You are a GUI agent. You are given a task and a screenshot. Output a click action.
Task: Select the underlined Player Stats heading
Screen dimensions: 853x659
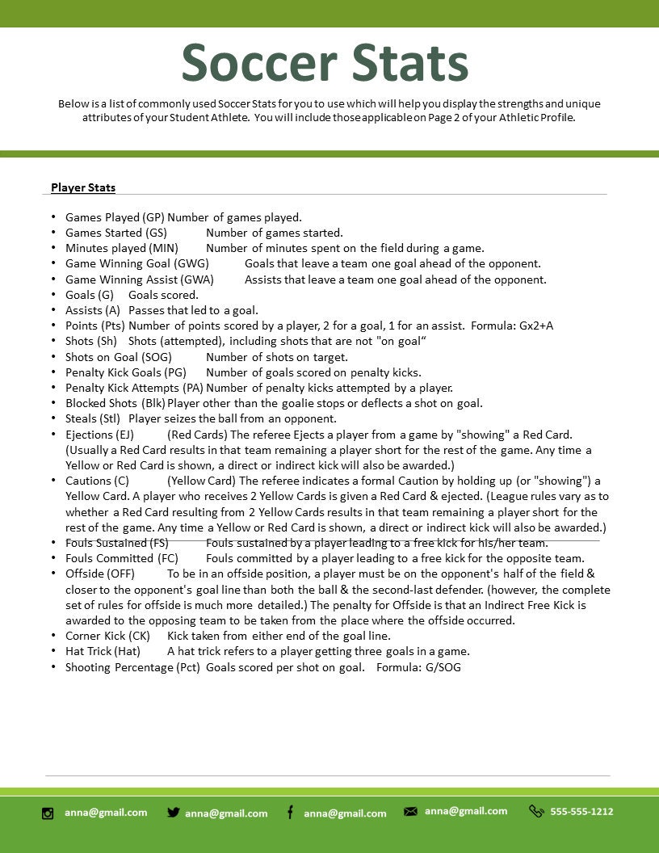click(83, 187)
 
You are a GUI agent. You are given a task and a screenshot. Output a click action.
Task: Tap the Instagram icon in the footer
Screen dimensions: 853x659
click(48, 813)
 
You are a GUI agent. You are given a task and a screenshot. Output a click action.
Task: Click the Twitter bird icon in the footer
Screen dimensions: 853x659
click(173, 813)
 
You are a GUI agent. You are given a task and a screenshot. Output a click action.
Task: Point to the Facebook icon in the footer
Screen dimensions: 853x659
click(290, 813)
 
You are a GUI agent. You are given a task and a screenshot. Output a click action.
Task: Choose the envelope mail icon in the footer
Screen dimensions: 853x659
click(410, 812)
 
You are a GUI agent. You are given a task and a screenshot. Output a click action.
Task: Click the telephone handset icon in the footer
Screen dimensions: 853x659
click(536, 811)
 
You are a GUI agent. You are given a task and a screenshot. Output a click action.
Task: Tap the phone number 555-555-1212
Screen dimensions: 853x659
click(581, 811)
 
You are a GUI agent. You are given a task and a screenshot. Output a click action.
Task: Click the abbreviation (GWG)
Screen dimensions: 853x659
click(191, 263)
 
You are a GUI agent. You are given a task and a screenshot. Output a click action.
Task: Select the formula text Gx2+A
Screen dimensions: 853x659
click(536, 326)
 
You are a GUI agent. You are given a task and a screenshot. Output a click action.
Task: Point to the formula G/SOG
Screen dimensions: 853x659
click(443, 667)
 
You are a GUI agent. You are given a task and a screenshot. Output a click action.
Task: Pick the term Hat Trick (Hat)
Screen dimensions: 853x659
click(103, 651)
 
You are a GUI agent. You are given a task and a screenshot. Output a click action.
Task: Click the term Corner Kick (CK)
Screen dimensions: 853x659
click(107, 636)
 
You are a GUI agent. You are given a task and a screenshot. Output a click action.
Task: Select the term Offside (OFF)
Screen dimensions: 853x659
click(100, 574)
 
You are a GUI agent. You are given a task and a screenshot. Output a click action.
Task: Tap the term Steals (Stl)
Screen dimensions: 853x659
click(93, 418)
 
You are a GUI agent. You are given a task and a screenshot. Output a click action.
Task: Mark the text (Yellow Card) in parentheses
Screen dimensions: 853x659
click(198, 481)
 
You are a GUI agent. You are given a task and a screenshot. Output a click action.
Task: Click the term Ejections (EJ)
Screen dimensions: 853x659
click(99, 435)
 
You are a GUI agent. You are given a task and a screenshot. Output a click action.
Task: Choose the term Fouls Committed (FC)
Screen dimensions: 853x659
click(121, 558)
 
